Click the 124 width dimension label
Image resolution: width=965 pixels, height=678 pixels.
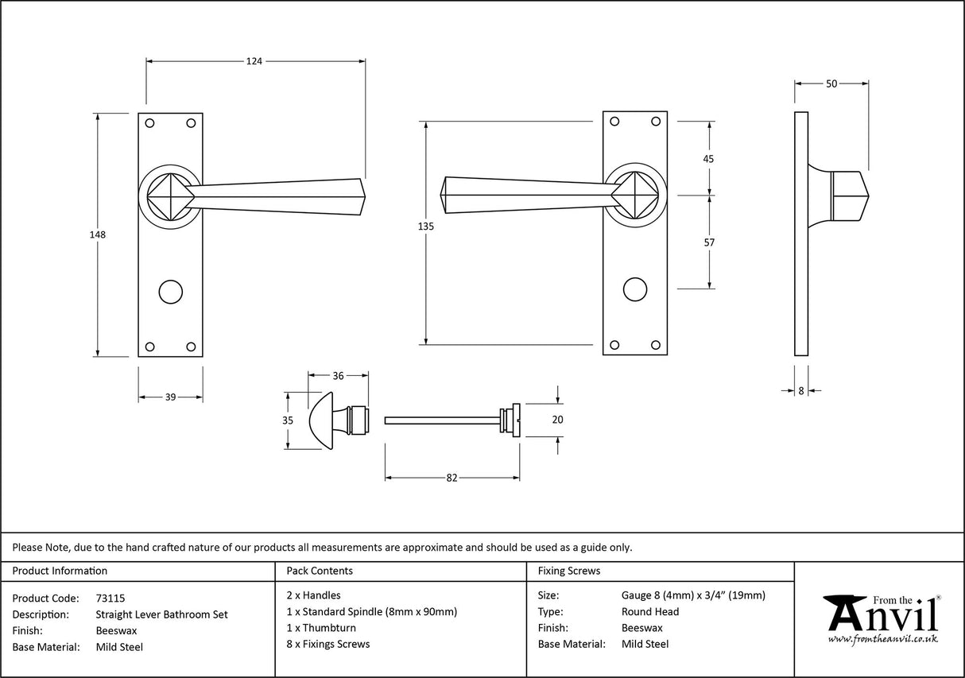click(x=254, y=60)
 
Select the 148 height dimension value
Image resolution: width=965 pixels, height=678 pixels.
click(x=98, y=234)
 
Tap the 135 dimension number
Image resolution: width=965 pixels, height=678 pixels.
click(x=425, y=227)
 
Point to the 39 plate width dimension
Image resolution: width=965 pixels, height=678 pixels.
click(x=170, y=397)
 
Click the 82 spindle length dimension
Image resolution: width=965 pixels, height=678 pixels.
click(x=452, y=478)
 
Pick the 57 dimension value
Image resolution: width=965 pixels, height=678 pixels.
click(x=709, y=242)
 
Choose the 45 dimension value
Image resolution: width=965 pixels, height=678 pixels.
click(x=709, y=159)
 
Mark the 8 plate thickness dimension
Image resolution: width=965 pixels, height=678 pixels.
click(x=801, y=390)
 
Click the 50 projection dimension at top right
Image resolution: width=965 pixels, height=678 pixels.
click(x=831, y=83)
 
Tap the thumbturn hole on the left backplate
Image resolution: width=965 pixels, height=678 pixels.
click(x=169, y=291)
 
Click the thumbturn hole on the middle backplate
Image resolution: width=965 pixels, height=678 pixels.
click(x=634, y=289)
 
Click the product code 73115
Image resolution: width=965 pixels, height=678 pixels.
click(x=110, y=598)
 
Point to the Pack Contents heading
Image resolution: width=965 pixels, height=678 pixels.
click(x=320, y=571)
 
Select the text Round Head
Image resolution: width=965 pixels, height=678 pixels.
click(x=650, y=612)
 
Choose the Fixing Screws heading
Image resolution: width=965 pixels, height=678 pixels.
click(x=569, y=571)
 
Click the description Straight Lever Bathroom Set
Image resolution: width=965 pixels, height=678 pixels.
click(x=161, y=614)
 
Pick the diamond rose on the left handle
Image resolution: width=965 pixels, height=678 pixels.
click(x=169, y=193)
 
